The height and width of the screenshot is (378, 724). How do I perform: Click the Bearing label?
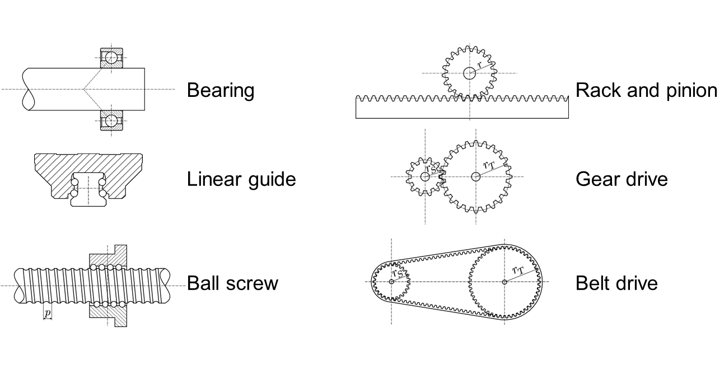pyautogui.click(x=221, y=90)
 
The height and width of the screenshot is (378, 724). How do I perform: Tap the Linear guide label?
pyautogui.click(x=241, y=179)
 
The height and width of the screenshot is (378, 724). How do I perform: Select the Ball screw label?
pyautogui.click(x=232, y=283)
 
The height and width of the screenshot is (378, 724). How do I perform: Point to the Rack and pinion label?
pyautogui.click(x=646, y=90)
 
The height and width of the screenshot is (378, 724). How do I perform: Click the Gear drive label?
pyautogui.click(x=622, y=179)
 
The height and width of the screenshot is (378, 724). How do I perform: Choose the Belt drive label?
pyautogui.click(x=616, y=283)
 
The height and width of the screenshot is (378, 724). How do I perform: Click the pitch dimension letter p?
pyautogui.click(x=48, y=313)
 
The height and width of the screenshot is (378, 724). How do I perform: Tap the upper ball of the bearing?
pyautogui.click(x=111, y=58)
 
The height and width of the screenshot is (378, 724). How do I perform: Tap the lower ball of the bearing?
pyautogui.click(x=111, y=120)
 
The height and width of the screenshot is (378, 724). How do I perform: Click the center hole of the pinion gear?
pyautogui.click(x=469, y=73)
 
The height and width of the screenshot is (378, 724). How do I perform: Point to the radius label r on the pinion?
pyautogui.click(x=480, y=64)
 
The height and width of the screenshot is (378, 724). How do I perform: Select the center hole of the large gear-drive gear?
pyautogui.click(x=475, y=176)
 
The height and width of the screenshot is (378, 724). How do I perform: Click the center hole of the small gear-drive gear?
pyautogui.click(x=424, y=176)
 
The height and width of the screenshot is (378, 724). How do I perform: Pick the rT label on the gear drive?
pyautogui.click(x=489, y=165)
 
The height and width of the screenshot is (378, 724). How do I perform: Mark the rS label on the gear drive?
pyautogui.click(x=431, y=169)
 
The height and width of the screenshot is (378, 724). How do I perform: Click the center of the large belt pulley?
pyautogui.click(x=504, y=282)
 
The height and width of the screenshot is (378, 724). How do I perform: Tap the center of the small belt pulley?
pyautogui.click(x=391, y=282)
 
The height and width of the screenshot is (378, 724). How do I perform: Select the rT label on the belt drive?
pyautogui.click(x=518, y=270)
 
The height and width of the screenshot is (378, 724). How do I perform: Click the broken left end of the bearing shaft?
pyautogui.click(x=28, y=89)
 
